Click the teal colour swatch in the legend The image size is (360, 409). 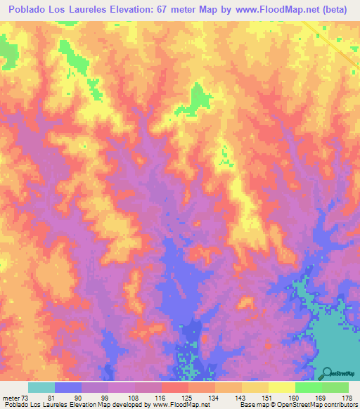click(41, 387)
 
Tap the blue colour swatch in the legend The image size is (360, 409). click(68, 387)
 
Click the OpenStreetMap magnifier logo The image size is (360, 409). click(328, 373)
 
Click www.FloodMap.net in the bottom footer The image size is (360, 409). click(182, 405)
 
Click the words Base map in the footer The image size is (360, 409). click(252, 405)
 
